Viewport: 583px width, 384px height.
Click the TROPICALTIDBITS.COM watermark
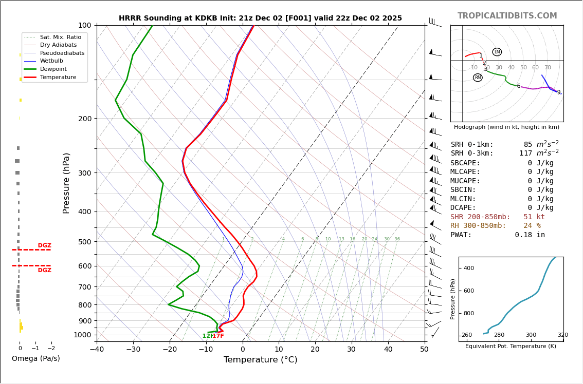[507, 16]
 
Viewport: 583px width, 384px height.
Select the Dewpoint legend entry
[53, 69]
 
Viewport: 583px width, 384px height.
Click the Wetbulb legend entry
[51, 61]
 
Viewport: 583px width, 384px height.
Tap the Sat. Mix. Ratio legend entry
[60, 37]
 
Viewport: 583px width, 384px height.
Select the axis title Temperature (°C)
[260, 360]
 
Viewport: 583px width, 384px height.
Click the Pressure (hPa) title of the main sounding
[66, 183]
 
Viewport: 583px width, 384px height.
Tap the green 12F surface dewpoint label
[207, 336]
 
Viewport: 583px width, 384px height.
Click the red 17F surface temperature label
[218, 336]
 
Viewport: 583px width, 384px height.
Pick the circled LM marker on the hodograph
[497, 52]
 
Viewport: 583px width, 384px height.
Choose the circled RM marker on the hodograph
[478, 78]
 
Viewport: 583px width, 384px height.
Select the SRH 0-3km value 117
[525, 153]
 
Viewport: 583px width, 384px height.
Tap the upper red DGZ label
[44, 245]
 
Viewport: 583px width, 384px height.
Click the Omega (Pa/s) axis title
[35, 359]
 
